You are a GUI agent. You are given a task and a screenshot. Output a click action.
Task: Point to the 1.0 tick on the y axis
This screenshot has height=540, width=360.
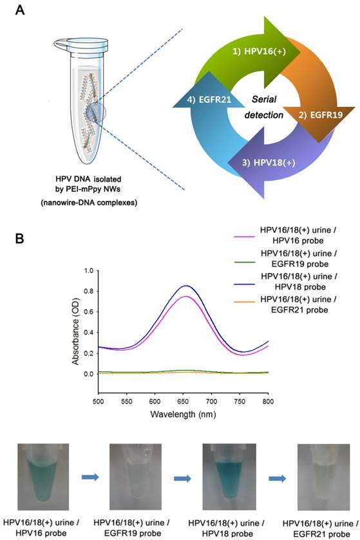click(88, 271)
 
